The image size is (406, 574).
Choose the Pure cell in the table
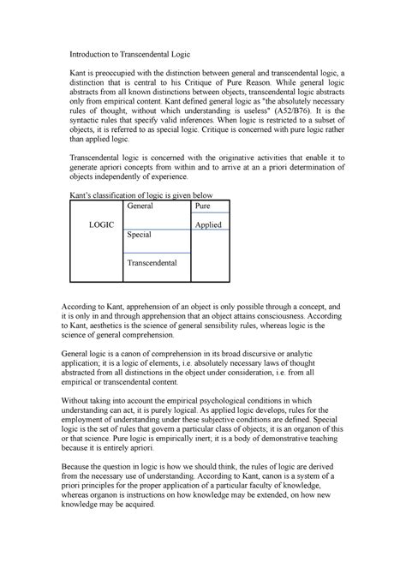pos(203,207)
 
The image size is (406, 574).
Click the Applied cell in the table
pos(208,224)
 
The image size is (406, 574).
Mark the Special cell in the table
pos(141,234)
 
